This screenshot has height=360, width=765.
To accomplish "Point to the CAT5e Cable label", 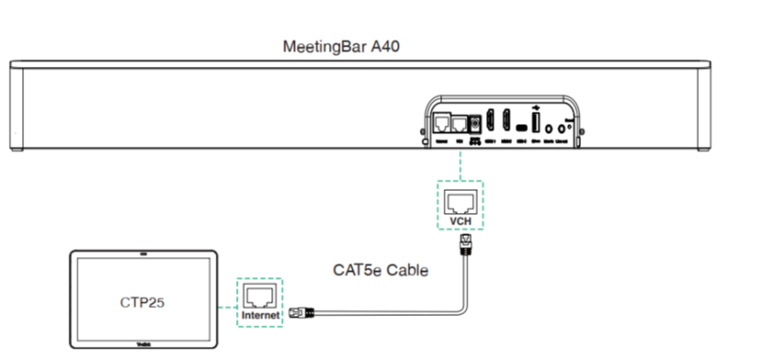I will point(380,270).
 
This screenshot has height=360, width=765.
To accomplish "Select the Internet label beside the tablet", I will point(261,315).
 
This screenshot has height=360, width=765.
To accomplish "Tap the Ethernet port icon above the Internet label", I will point(261,295).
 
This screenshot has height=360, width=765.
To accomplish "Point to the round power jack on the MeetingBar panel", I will point(476,123).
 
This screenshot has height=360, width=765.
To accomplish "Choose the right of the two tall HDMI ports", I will point(506,122).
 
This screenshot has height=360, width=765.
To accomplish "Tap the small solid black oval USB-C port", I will point(520,126).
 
